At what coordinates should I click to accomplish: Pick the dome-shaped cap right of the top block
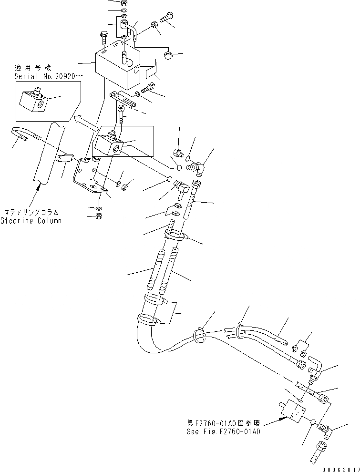[x=169, y=56]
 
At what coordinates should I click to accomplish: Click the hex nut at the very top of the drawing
[x=124, y=2]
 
